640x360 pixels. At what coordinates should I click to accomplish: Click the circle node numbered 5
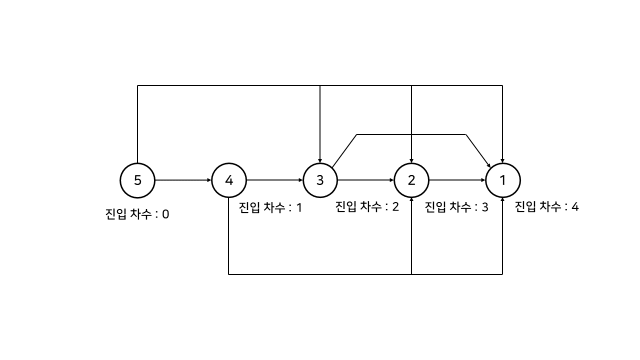click(137, 180)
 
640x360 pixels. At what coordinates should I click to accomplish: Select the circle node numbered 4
click(229, 180)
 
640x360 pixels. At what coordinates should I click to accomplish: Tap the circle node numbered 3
click(320, 180)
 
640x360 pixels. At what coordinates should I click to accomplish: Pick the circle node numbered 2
click(411, 180)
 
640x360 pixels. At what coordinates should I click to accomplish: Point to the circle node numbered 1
click(502, 180)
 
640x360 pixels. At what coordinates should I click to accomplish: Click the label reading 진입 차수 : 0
click(137, 215)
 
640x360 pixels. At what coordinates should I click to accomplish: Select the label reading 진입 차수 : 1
click(270, 207)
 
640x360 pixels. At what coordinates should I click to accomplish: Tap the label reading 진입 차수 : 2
click(367, 206)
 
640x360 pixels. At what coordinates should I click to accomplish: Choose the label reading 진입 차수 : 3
click(456, 207)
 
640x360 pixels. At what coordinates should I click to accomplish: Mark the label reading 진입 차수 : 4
click(546, 206)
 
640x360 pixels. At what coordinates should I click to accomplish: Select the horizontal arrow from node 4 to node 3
click(274, 180)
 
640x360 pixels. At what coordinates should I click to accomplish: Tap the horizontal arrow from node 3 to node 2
click(365, 180)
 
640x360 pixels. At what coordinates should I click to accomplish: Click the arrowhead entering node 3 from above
click(320, 159)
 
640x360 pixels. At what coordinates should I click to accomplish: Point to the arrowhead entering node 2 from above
click(411, 159)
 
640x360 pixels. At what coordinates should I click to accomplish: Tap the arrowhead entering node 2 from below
click(411, 200)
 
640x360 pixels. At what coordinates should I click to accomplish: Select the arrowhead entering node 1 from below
click(502, 200)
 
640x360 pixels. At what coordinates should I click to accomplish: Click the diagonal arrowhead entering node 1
click(488, 164)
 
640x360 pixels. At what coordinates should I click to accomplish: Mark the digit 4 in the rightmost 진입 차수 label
click(575, 206)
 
